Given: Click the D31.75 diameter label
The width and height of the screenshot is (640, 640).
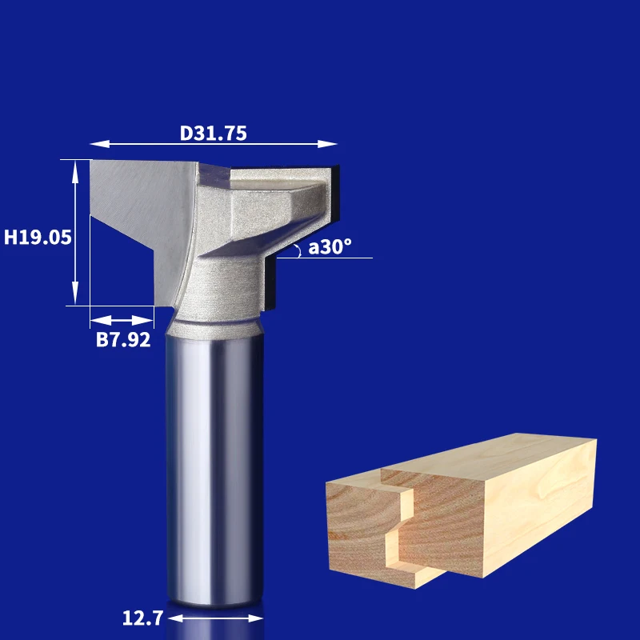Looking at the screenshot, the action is [213, 133].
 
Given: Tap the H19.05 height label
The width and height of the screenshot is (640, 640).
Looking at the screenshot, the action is [38, 237].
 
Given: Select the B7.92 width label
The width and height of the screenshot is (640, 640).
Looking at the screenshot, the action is [123, 339].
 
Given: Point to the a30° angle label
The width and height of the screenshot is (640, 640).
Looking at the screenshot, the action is [330, 246].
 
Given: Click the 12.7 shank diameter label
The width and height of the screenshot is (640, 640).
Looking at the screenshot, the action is [143, 618].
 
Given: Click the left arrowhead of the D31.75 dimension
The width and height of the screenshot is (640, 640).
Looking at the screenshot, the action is [99, 144].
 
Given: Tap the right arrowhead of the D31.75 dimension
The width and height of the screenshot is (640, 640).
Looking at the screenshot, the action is [327, 144].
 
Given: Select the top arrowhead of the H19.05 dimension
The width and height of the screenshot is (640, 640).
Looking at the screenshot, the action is [75, 170].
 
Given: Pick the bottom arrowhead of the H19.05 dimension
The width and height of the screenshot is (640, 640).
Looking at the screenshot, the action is [75, 293].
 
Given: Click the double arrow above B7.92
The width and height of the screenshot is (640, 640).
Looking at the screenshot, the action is [122, 321].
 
